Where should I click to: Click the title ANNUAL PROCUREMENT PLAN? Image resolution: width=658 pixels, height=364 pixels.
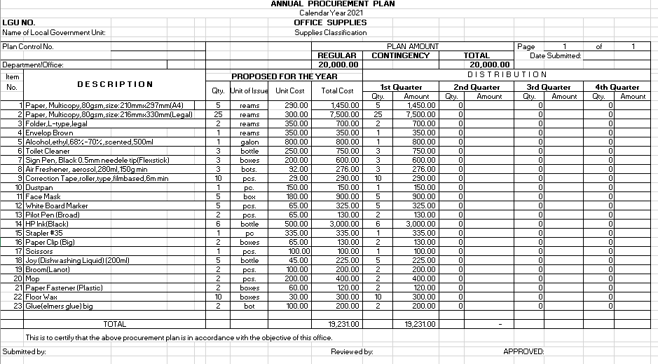[332, 4]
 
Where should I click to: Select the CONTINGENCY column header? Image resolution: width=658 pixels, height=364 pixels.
[400, 55]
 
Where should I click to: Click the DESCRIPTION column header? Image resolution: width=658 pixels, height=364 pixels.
[115, 85]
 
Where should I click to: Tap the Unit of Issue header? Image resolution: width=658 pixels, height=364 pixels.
[249, 90]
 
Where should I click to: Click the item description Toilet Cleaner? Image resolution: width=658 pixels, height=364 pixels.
[48, 151]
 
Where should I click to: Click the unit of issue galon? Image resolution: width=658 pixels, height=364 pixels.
[249, 142]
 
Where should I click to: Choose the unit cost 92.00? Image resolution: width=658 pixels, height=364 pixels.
[299, 169]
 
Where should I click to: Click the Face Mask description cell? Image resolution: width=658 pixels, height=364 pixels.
[43, 196]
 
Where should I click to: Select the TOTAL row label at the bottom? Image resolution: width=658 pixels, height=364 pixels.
[114, 325]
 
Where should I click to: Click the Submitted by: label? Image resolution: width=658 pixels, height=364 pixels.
[25, 351]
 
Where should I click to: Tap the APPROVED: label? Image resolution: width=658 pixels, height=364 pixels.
[523, 351]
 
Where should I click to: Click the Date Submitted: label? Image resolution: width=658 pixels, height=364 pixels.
[555, 55]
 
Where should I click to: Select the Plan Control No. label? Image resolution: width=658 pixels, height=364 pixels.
[28, 46]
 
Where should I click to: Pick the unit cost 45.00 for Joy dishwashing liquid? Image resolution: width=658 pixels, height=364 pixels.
[299, 260]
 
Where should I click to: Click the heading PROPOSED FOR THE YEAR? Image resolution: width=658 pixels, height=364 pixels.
[284, 76]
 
